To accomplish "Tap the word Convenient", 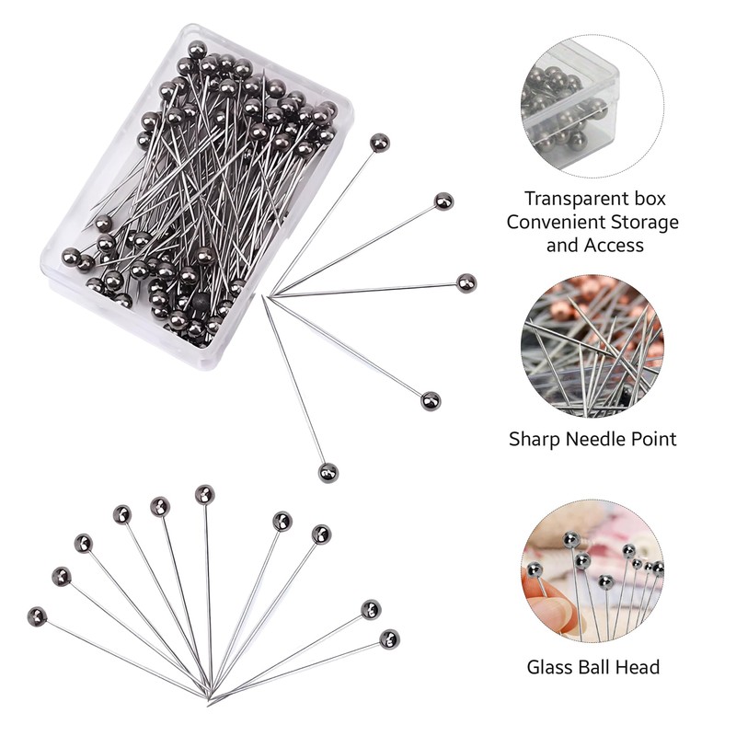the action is click(x=561, y=222).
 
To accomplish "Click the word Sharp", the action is click(x=535, y=439).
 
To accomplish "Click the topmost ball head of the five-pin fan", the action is click(x=379, y=142).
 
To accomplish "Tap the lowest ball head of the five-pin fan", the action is click(x=328, y=472).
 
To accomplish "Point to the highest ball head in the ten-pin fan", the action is click(x=204, y=494).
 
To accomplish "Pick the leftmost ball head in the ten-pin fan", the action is click(x=37, y=616).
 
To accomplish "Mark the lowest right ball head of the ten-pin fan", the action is click(x=389, y=638).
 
